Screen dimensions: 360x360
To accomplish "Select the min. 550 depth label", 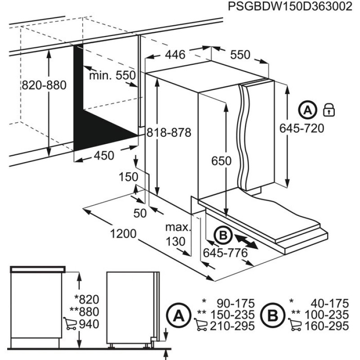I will click(112, 76).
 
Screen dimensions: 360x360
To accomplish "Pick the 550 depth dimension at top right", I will click(240, 54).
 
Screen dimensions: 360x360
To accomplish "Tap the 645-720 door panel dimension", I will click(302, 129).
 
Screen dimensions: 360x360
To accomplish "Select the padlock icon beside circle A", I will click(329, 109).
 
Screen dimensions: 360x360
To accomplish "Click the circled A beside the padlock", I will click(307, 109).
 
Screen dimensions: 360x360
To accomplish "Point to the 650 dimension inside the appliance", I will click(222, 161).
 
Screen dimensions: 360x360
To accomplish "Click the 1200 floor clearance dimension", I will click(122, 234).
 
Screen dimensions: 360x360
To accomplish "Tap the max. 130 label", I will click(175, 234).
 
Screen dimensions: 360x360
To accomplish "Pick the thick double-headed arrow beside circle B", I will click(246, 240).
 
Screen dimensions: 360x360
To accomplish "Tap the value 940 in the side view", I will click(88, 324).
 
